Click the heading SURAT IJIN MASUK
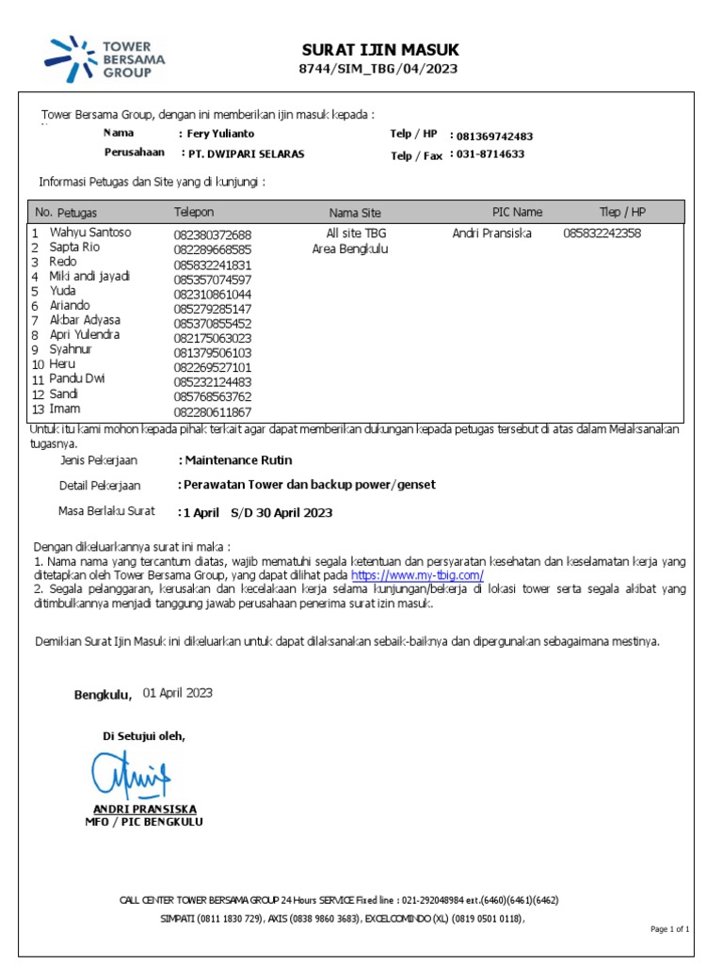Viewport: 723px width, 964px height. [380, 50]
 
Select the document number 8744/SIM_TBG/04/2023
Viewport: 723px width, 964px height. [380, 70]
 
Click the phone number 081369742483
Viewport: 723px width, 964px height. [494, 137]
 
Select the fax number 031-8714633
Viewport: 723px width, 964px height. [490, 154]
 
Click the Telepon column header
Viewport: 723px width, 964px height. [194, 212]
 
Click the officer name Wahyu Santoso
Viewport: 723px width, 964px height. [90, 232]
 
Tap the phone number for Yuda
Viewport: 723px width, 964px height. [213, 295]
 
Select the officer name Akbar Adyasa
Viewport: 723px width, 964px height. [85, 320]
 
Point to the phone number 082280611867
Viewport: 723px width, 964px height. [213, 412]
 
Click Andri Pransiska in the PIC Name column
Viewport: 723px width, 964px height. [491, 233]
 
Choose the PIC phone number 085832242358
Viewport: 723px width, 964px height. [602, 233]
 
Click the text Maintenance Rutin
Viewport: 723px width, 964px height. [238, 460]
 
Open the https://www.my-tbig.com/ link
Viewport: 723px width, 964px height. [417, 574]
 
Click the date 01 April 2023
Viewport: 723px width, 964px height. [178, 693]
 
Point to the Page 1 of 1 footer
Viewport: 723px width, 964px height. [669, 929]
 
